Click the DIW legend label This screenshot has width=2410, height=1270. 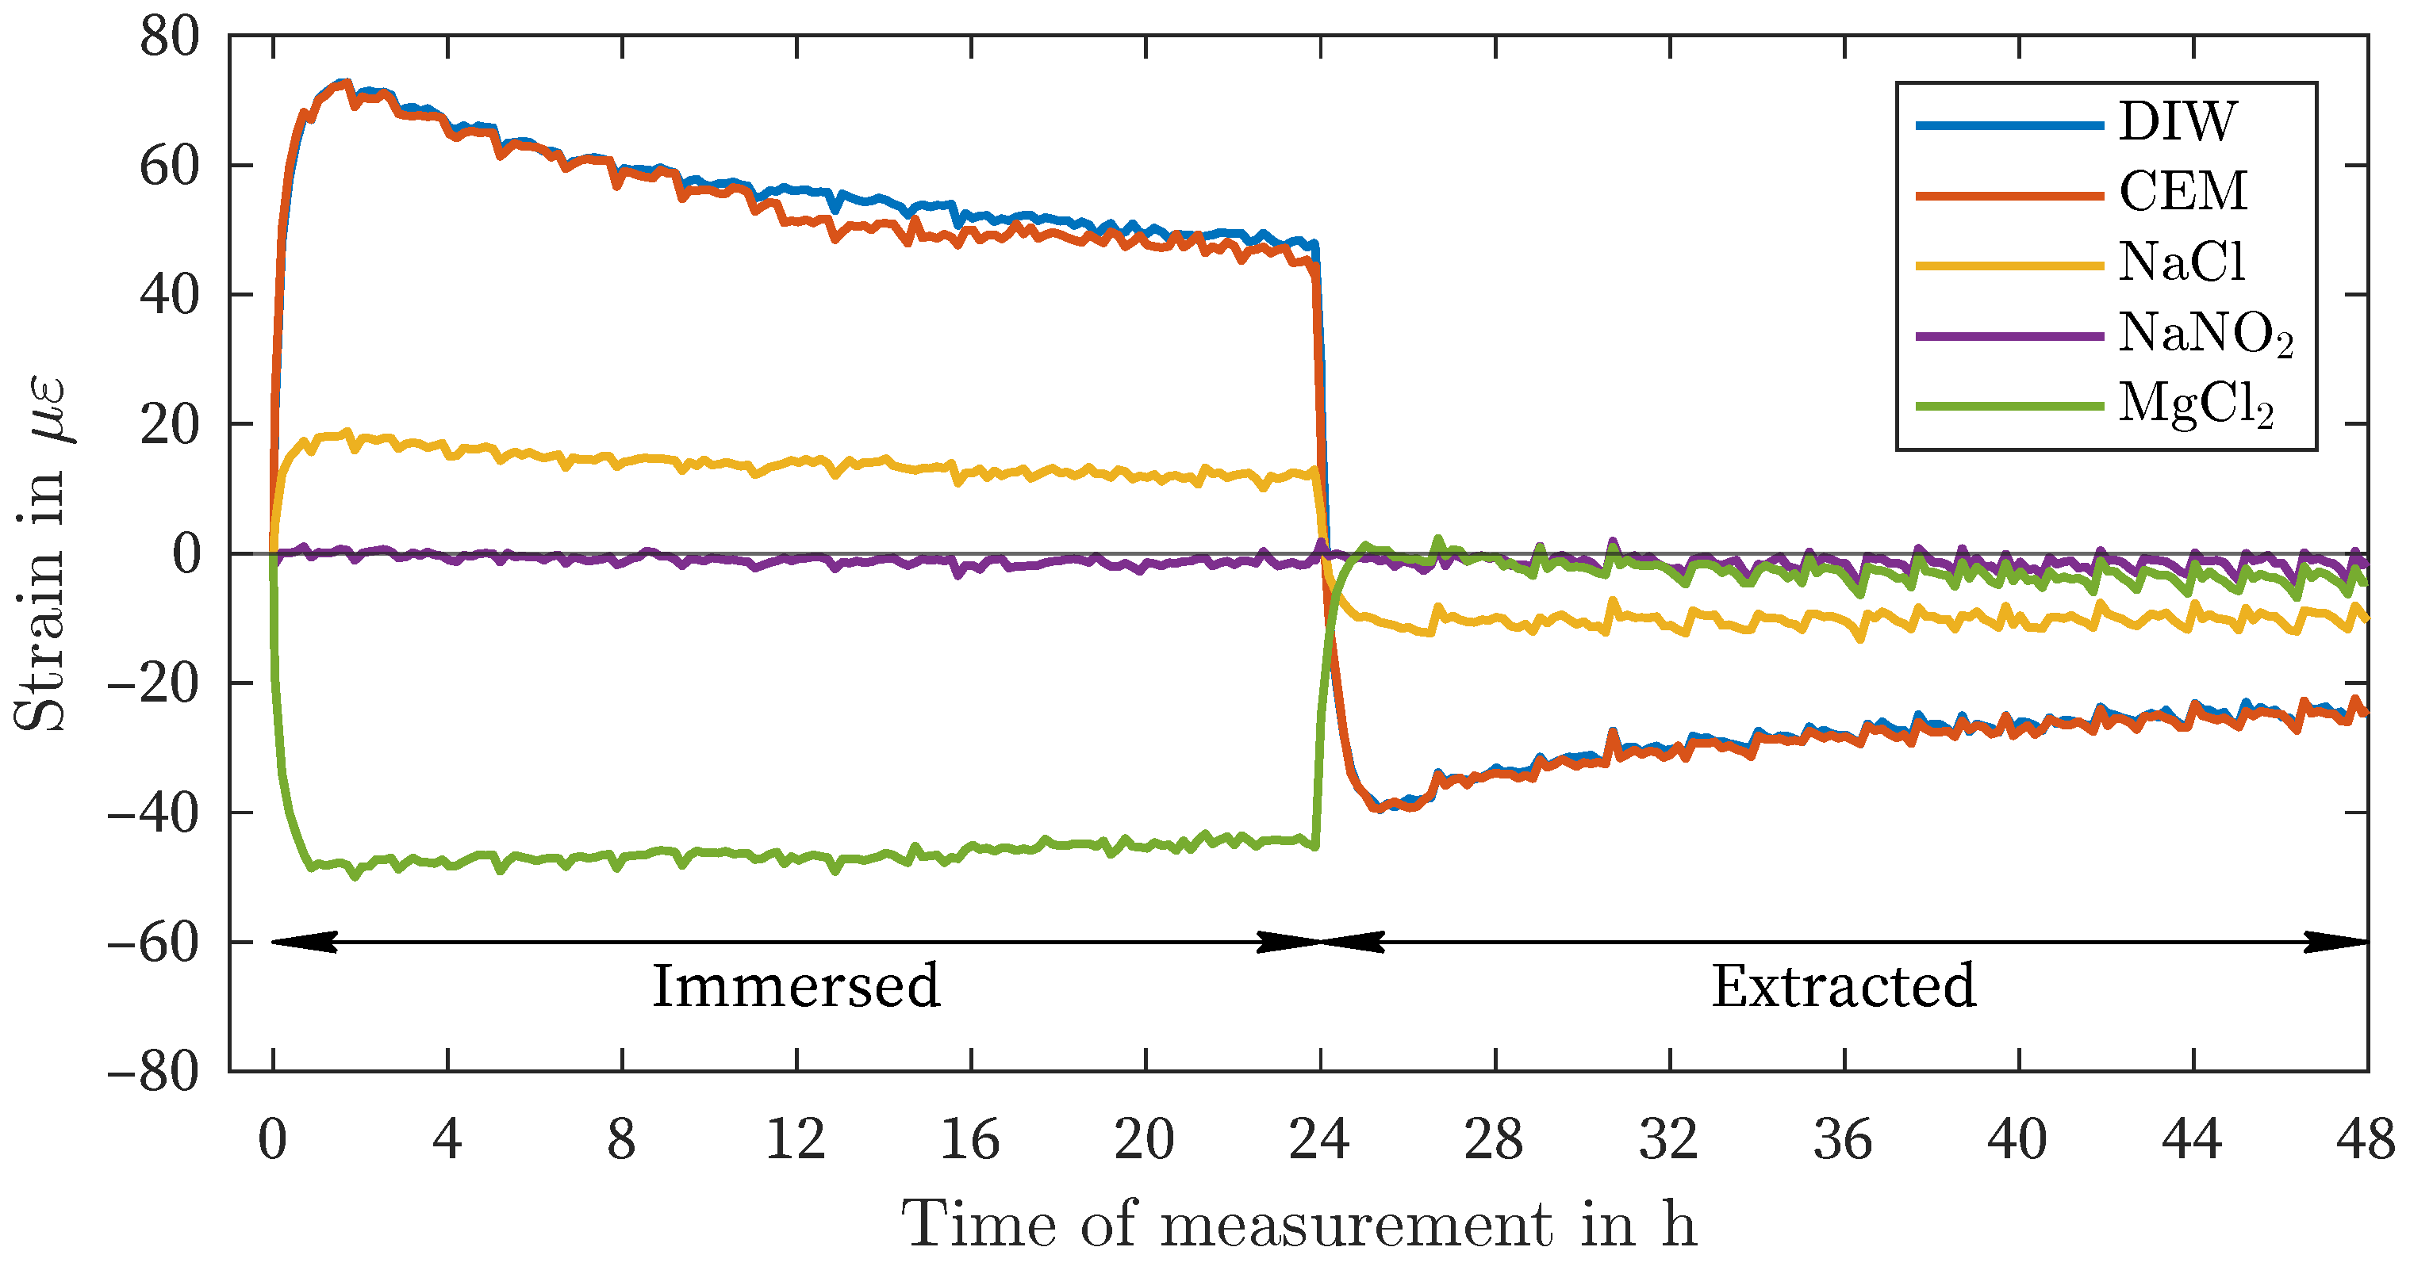point(2176,121)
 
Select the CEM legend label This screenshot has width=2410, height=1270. point(2182,192)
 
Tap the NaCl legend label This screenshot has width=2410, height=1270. point(2181,262)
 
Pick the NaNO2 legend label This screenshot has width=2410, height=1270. point(2205,333)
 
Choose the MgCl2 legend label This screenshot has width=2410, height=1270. point(2195,404)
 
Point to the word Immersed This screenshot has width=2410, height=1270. point(795,987)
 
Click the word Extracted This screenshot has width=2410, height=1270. point(1843,987)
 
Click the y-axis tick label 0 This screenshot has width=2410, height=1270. point(186,555)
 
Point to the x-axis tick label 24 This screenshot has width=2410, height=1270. point(1319,1140)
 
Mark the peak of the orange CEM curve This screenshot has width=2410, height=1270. point(345,83)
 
